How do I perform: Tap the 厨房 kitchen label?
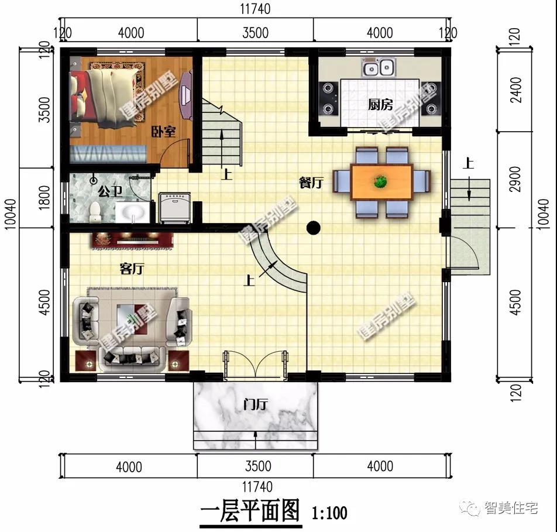tap(380, 105)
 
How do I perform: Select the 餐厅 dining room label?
tap(311, 183)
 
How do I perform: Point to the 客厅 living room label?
tap(132, 269)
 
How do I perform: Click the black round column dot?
tap(314, 227)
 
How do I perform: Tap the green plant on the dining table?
tap(381, 182)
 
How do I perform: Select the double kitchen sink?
tap(378, 68)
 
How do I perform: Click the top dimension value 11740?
tap(256, 9)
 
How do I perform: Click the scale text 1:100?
tap(329, 513)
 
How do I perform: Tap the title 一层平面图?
tap(250, 512)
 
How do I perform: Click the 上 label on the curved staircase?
tap(249, 282)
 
